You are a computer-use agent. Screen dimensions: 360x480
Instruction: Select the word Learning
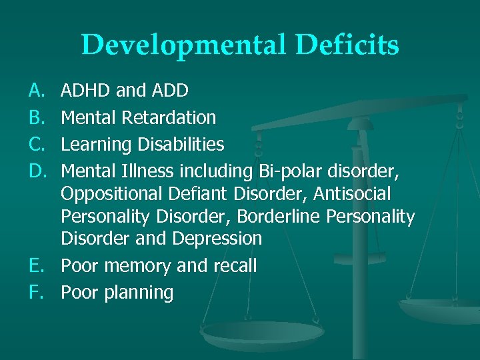(x=91, y=145)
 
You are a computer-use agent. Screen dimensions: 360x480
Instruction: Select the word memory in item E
(x=139, y=266)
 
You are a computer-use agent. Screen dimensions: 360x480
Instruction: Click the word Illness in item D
(x=150, y=171)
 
